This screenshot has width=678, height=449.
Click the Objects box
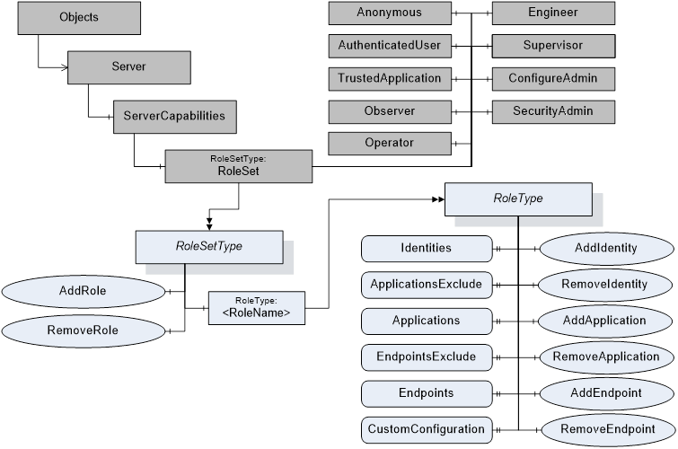click(x=79, y=17)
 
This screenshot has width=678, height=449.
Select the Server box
click(x=129, y=66)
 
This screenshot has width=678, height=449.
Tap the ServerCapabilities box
click(x=169, y=117)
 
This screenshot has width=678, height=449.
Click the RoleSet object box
click(x=238, y=166)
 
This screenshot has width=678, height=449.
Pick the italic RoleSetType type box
click(x=208, y=245)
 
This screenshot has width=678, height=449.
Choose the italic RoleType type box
click(x=518, y=198)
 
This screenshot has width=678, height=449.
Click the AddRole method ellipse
click(x=84, y=292)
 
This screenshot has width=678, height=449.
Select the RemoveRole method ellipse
click(x=84, y=330)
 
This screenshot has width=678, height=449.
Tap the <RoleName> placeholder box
click(x=256, y=307)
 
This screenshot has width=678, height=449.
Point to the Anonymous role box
click(x=388, y=13)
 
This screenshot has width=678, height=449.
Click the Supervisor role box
click(x=553, y=45)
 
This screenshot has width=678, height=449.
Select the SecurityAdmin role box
click(x=553, y=110)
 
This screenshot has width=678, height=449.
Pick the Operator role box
click(x=388, y=143)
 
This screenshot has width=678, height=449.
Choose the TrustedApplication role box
click(x=388, y=78)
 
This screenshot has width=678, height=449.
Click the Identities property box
click(x=427, y=248)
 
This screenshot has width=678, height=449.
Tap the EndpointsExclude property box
click(x=427, y=357)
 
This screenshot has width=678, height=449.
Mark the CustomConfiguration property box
click(x=427, y=429)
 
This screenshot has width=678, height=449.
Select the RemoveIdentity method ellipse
click(x=605, y=285)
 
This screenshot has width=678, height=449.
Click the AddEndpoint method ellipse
click(x=605, y=393)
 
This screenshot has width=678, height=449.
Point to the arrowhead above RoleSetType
click(x=209, y=222)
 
